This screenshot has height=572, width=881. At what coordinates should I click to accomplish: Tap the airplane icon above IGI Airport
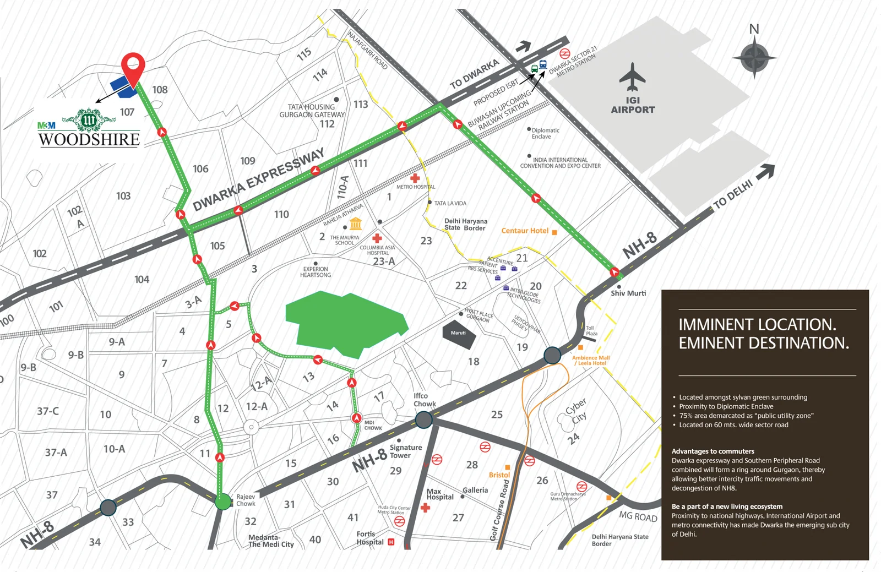pyautogui.click(x=632, y=77)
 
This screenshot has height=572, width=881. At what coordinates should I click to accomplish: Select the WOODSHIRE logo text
pyautogui.click(x=89, y=139)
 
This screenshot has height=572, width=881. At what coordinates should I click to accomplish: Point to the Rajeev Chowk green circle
pyautogui.click(x=223, y=502)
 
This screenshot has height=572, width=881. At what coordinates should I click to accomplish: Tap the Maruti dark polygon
pyautogui.click(x=459, y=335)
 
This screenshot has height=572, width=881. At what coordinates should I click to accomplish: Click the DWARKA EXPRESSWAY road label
pyautogui.click(x=259, y=180)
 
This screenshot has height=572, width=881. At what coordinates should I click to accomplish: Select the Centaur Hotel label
pyautogui.click(x=525, y=231)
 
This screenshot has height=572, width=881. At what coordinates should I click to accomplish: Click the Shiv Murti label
pyautogui.click(x=628, y=293)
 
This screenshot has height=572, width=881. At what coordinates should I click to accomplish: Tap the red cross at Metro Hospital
pyautogui.click(x=415, y=178)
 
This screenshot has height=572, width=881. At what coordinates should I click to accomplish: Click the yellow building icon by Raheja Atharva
pyautogui.click(x=356, y=224)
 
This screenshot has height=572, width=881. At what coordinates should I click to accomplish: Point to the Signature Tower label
pyautogui.click(x=405, y=451)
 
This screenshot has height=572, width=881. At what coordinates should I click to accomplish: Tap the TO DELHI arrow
pyautogui.click(x=765, y=173)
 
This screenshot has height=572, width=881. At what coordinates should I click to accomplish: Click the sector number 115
pyautogui.click(x=304, y=54)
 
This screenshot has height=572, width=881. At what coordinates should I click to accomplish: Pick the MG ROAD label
pyautogui.click(x=638, y=516)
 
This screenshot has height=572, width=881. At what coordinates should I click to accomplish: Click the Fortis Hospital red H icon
pyautogui.click(x=391, y=542)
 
